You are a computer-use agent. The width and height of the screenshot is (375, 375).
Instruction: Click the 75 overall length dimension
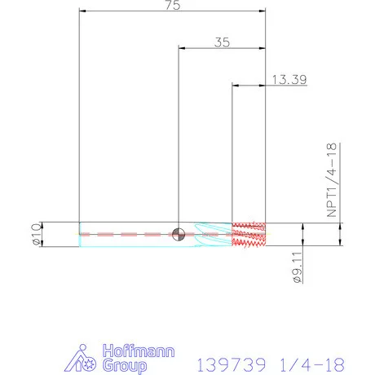pyautogui.click(x=173, y=5)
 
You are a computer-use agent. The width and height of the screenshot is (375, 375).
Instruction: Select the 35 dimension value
pyautogui.click(x=222, y=42)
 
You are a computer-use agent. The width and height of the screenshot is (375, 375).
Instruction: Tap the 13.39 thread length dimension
pyautogui.click(x=289, y=80)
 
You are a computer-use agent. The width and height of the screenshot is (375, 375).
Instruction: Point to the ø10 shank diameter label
pyautogui.click(x=36, y=234)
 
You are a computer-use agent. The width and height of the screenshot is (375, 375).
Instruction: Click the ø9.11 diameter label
pyautogui.click(x=298, y=267)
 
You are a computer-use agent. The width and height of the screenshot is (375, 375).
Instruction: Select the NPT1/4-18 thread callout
pyautogui.click(x=332, y=180)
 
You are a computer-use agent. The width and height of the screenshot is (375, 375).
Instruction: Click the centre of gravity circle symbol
pyautogui.click(x=179, y=234)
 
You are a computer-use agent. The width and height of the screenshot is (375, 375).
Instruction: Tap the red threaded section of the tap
pyautogui.click(x=249, y=234)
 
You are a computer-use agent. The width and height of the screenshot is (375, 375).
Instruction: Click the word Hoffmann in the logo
pyautogui.click(x=139, y=351)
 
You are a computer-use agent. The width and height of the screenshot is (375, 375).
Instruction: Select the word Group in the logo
pyautogui.click(x=125, y=366)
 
